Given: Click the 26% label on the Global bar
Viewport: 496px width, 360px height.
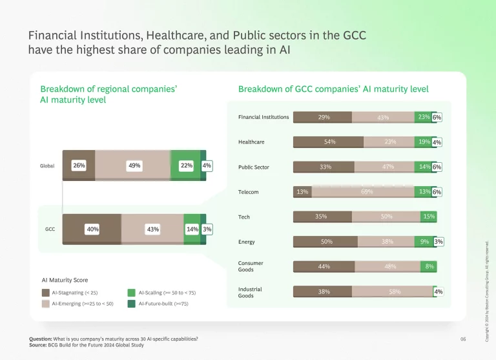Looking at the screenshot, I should point(79,165).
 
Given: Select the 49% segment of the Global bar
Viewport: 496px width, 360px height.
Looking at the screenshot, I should point(134,165).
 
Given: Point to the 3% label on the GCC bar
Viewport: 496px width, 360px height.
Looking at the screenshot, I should point(207,229).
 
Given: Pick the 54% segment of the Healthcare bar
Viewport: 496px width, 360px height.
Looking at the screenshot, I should point(329,142).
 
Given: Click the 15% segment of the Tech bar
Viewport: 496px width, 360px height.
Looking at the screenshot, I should point(428,217).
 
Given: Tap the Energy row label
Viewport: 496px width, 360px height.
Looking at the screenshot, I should point(247,242).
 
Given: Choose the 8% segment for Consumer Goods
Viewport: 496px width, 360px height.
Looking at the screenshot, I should point(428,266).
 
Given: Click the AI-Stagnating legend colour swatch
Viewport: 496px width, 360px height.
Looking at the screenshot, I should point(46,293).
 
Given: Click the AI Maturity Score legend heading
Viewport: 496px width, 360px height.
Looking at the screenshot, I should point(64,280).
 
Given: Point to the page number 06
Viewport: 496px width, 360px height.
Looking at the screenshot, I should point(462,339).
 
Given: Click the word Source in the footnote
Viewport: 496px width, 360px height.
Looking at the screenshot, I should point(38,345).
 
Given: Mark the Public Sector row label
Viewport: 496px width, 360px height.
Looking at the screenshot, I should point(254,167).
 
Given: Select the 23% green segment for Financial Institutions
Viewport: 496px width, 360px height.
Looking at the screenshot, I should point(423,117).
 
